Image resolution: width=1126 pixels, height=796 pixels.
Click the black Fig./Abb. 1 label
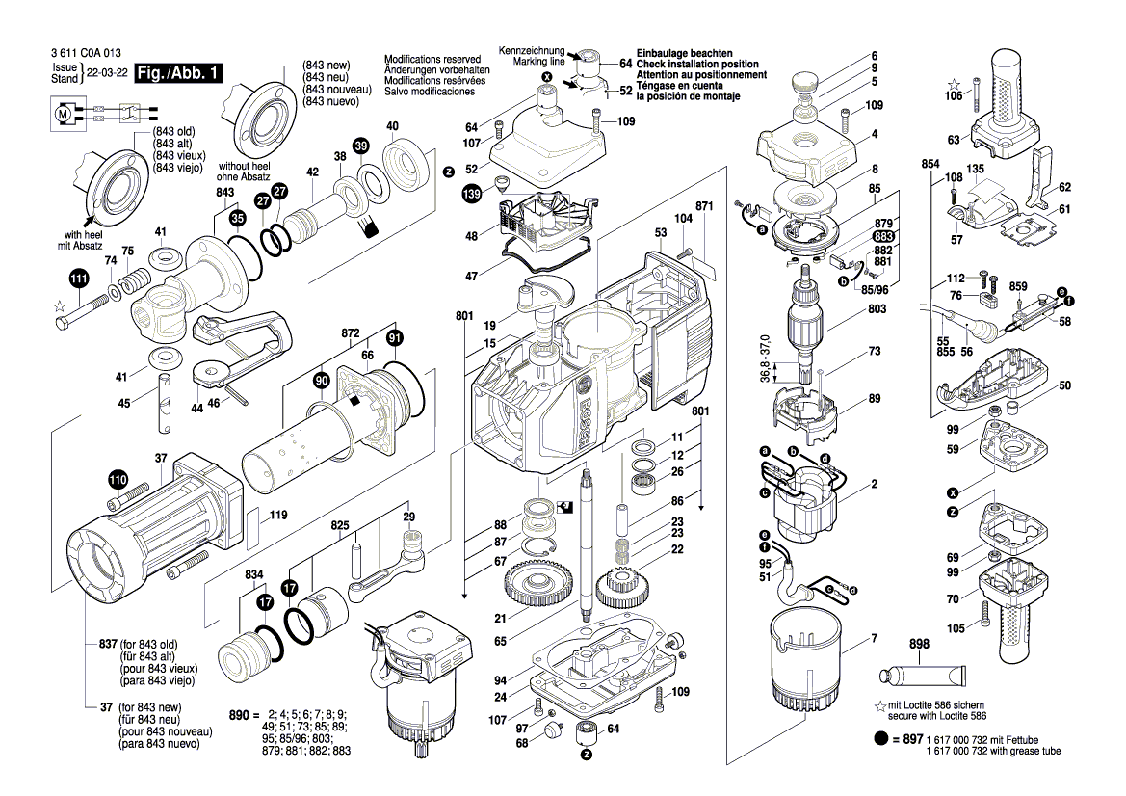[x=179, y=74]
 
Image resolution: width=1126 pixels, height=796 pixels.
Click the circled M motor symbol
[x=65, y=114]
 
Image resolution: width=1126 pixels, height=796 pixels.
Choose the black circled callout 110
[x=117, y=479]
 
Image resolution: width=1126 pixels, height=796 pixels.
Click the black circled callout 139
[x=472, y=195]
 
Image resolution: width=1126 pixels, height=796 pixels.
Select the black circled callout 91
[x=394, y=338]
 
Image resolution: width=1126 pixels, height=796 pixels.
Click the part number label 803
[x=876, y=309]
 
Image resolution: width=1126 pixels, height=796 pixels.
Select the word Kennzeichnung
[x=531, y=50]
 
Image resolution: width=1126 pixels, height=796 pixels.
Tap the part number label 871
[x=703, y=207]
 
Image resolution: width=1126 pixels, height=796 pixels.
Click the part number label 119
[x=277, y=516]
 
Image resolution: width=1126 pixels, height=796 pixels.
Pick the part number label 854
[x=930, y=165]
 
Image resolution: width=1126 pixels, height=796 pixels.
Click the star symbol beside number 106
[x=954, y=84]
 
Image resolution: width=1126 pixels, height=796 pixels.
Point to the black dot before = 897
[x=880, y=738]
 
